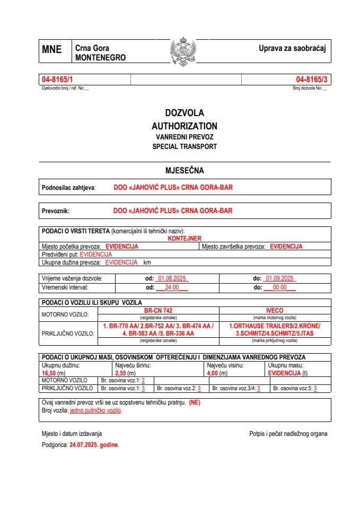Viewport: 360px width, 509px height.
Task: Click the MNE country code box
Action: click(51, 50)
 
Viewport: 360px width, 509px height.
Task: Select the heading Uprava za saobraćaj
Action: click(291, 48)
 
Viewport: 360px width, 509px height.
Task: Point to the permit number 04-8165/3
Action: click(312, 80)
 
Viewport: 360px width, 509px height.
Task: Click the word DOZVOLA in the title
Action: click(184, 113)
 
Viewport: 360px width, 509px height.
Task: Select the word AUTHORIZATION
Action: click(184, 126)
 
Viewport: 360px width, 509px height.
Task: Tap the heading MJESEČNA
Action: click(185, 170)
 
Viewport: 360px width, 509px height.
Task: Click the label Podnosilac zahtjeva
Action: click(68, 188)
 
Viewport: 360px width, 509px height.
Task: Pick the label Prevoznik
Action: click(56, 210)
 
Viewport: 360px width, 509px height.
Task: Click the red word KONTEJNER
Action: click(185, 239)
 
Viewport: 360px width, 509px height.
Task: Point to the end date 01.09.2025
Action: click(281, 278)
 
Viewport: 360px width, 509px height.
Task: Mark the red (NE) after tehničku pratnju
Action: click(195, 402)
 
